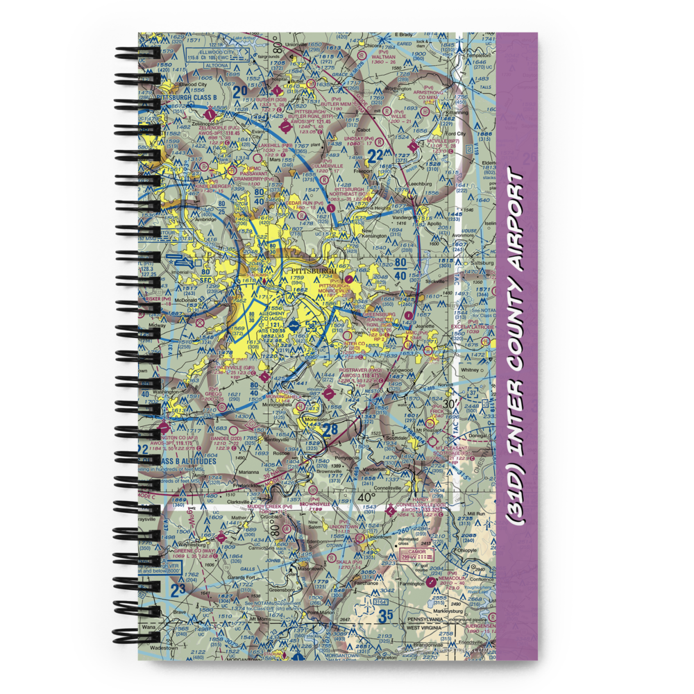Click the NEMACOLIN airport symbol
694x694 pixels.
(x=432, y=579)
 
